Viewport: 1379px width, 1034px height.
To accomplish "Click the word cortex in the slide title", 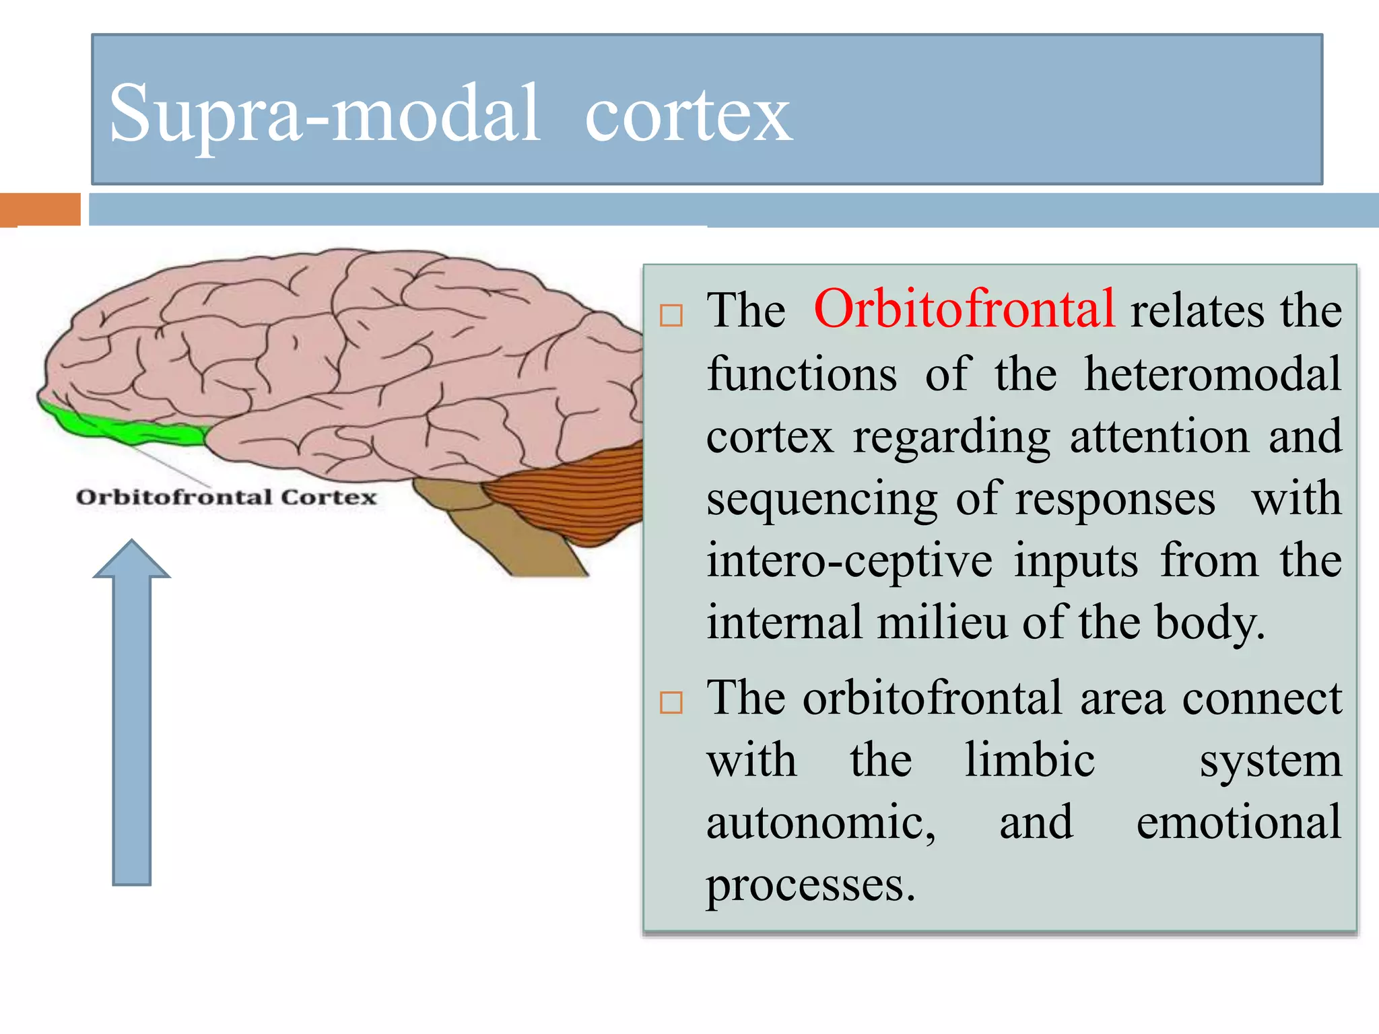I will pos(688,116).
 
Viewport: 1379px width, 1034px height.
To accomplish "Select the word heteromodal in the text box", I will pos(1213,374).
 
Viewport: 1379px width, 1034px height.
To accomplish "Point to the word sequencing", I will pos(821,499).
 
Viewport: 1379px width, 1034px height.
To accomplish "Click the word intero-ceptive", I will pos(849,561).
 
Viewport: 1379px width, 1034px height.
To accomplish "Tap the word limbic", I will pos(1030,760).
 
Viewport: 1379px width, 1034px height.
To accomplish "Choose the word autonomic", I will pos(820,823).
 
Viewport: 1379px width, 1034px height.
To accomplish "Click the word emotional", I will pos(1239,822).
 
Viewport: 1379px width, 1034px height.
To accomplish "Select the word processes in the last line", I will pos(810,884).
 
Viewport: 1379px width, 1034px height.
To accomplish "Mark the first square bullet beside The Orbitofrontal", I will pos(671,316).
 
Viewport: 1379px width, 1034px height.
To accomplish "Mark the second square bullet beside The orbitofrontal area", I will pos(671,703).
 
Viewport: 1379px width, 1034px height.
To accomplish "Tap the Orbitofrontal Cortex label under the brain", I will pos(226,497).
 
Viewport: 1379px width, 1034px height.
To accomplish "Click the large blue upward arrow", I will pos(132,714).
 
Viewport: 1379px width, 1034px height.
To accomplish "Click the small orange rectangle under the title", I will pos(40,209).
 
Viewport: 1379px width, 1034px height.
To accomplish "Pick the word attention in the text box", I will pos(1159,437).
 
